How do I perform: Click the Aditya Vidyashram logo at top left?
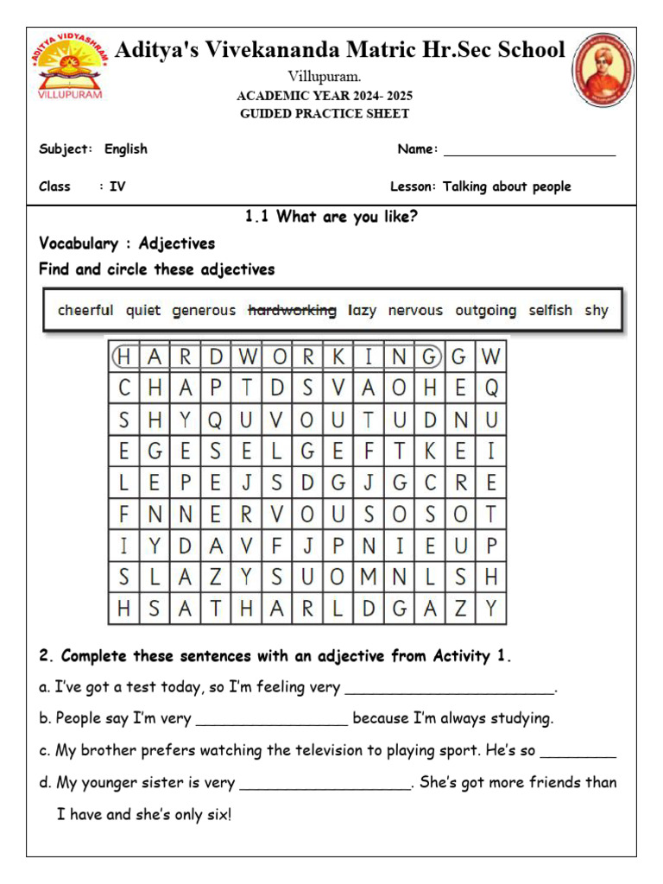[x=71, y=66]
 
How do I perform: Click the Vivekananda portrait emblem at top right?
[x=603, y=69]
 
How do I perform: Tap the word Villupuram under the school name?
[x=324, y=77]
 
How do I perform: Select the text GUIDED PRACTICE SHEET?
[x=325, y=114]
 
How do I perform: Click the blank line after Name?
[x=529, y=150]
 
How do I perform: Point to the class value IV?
[x=117, y=186]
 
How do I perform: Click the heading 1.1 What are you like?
[x=331, y=217]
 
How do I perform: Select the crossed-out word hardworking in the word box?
[x=292, y=310]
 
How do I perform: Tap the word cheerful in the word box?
[x=85, y=310]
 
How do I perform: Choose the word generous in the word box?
[x=204, y=310]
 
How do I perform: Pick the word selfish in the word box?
[x=550, y=310]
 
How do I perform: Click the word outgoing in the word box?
[x=486, y=310]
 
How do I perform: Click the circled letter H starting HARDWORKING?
[x=124, y=357]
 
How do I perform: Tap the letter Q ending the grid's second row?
[x=491, y=388]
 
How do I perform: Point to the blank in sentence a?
[x=449, y=688]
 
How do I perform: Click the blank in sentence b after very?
[x=272, y=719]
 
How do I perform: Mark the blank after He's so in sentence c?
[x=578, y=751]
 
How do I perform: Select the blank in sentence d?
[x=325, y=784]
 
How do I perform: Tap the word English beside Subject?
[x=126, y=149]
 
